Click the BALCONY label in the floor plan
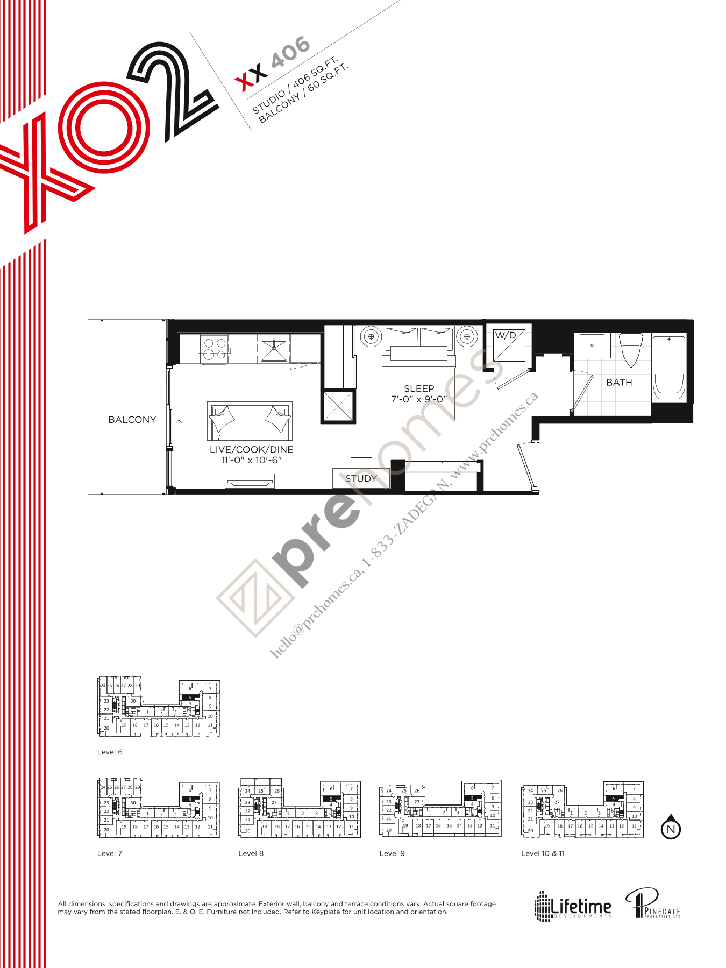point(132,420)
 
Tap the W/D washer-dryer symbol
point(509,345)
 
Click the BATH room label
point(619,383)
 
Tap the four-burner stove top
point(215,349)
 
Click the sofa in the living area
point(250,421)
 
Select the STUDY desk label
point(361,478)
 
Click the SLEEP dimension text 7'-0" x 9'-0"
point(419,399)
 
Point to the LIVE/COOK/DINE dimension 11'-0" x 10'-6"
point(251,460)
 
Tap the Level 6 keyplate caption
point(110,752)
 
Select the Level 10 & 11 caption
point(543,853)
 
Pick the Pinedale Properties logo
point(652,904)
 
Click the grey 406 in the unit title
point(290,52)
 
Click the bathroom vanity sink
point(592,345)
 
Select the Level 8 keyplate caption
point(251,853)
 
